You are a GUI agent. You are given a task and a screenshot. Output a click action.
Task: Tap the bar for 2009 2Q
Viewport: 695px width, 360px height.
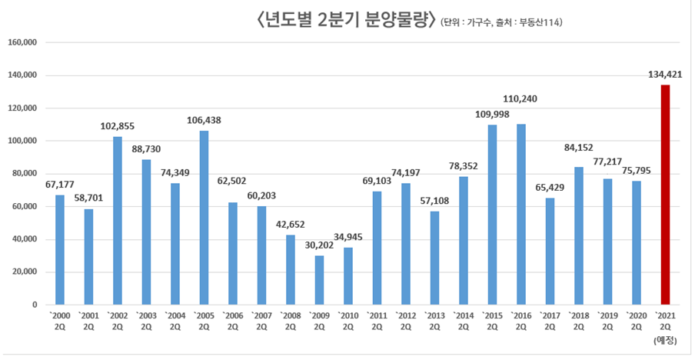(x=319, y=280)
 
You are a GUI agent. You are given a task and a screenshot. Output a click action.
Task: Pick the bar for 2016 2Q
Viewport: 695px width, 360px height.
(x=520, y=215)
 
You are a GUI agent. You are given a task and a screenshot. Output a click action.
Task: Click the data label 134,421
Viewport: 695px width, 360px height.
(x=665, y=75)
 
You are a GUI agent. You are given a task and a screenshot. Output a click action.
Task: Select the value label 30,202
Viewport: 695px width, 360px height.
(x=319, y=245)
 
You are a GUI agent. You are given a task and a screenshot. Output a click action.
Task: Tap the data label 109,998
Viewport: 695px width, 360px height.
(x=492, y=115)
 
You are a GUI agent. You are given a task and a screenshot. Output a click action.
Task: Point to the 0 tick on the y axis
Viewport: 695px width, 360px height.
(x=35, y=305)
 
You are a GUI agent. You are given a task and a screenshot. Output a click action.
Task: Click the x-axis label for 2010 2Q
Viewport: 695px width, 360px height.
(x=347, y=321)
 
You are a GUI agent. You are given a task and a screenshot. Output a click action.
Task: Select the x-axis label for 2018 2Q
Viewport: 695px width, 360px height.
(x=578, y=321)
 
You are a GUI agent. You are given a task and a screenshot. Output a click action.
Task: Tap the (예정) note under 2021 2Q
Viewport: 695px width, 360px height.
(x=665, y=339)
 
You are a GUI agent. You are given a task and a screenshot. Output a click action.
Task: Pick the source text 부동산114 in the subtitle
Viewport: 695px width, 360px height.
(x=541, y=23)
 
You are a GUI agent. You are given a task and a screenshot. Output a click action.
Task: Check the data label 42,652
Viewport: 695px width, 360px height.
(x=290, y=225)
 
